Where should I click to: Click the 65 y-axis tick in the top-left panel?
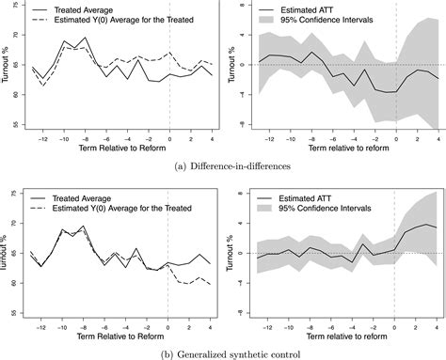coord(22,65)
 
